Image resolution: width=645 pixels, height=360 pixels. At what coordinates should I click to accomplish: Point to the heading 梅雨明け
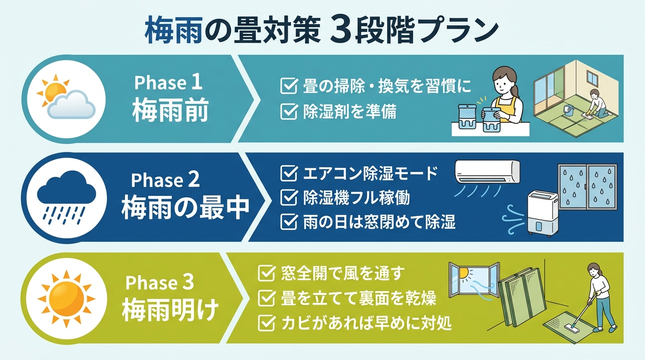(170, 309)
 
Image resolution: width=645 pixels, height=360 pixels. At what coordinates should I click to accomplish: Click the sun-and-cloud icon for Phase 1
(65, 97)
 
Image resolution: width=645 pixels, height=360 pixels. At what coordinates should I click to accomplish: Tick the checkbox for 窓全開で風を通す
(266, 273)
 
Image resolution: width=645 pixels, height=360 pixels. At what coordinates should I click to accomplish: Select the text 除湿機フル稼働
(356, 198)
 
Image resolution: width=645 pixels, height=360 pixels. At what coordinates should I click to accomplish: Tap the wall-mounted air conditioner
(487, 172)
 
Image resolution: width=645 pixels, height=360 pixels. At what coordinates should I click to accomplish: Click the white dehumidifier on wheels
(542, 211)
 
